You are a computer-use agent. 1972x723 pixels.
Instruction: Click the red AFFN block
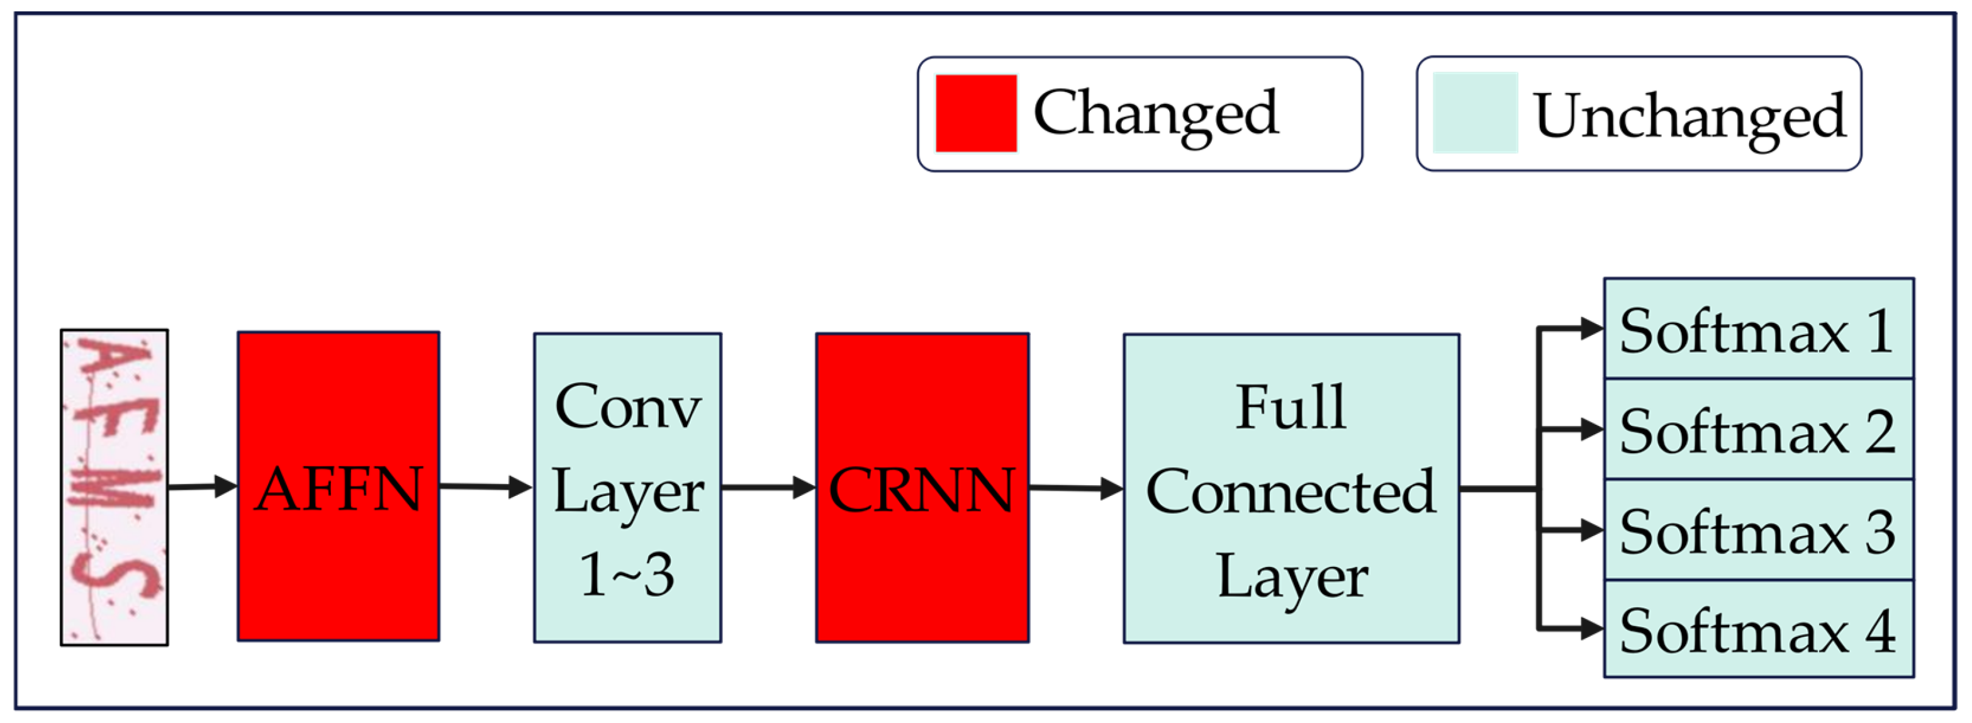(338, 486)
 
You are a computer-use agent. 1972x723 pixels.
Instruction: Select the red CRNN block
(922, 488)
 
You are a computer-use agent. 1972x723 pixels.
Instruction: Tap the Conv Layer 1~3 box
(627, 488)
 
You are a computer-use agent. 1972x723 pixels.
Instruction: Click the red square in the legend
(975, 113)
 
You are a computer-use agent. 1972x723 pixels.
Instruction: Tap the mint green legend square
(1474, 113)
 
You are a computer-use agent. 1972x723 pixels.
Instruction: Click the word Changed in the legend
(1155, 113)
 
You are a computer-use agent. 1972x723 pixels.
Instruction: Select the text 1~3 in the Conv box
(626, 574)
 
